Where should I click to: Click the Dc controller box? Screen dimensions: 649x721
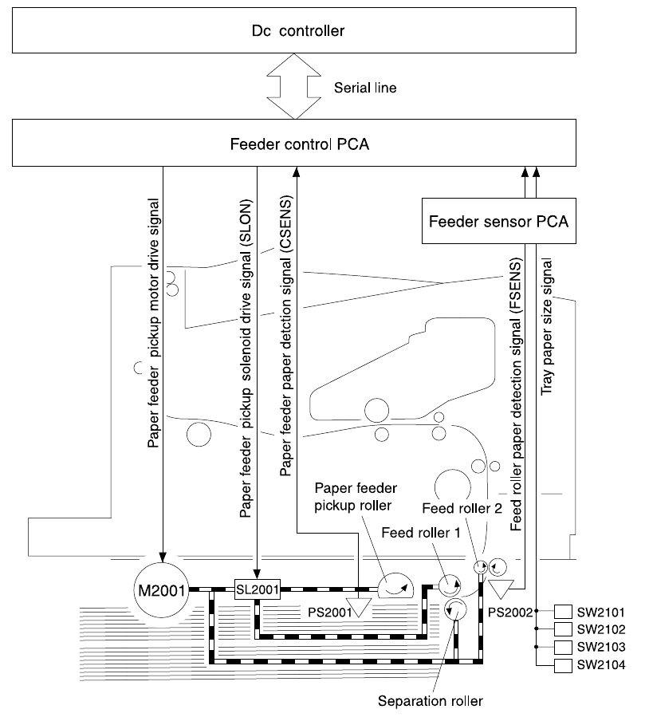coord(294,30)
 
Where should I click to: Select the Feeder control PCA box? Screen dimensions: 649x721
coord(294,143)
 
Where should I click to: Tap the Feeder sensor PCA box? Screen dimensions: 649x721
coord(498,221)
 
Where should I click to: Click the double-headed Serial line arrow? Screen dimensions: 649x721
coord(294,86)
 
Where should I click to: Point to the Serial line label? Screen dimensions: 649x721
coord(365,88)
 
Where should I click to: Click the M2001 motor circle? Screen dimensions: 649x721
coord(161,590)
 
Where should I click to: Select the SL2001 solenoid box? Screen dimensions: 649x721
coord(258,589)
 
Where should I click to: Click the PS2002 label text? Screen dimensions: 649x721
coord(509,612)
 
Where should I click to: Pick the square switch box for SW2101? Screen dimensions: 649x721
coord(563,612)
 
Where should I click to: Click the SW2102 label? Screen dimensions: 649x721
coord(601,629)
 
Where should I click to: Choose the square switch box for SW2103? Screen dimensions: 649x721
coord(563,647)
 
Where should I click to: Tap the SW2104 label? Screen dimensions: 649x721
coord(601,665)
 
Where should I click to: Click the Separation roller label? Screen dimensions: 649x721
coord(431,701)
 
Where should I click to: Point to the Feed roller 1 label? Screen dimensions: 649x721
coord(420,533)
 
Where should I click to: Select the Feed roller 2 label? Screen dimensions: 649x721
coord(462,508)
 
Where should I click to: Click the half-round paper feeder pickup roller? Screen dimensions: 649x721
coord(395,585)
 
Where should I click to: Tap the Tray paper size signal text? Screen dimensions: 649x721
coord(546,326)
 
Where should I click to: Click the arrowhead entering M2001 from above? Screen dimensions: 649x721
coord(163,557)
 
